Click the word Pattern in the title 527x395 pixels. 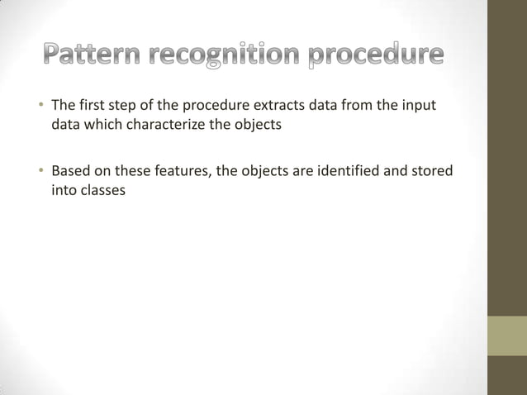tap(93, 56)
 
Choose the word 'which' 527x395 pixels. tap(99, 128)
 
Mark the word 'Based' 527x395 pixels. tap(70, 172)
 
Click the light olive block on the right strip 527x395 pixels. tap(507, 336)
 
